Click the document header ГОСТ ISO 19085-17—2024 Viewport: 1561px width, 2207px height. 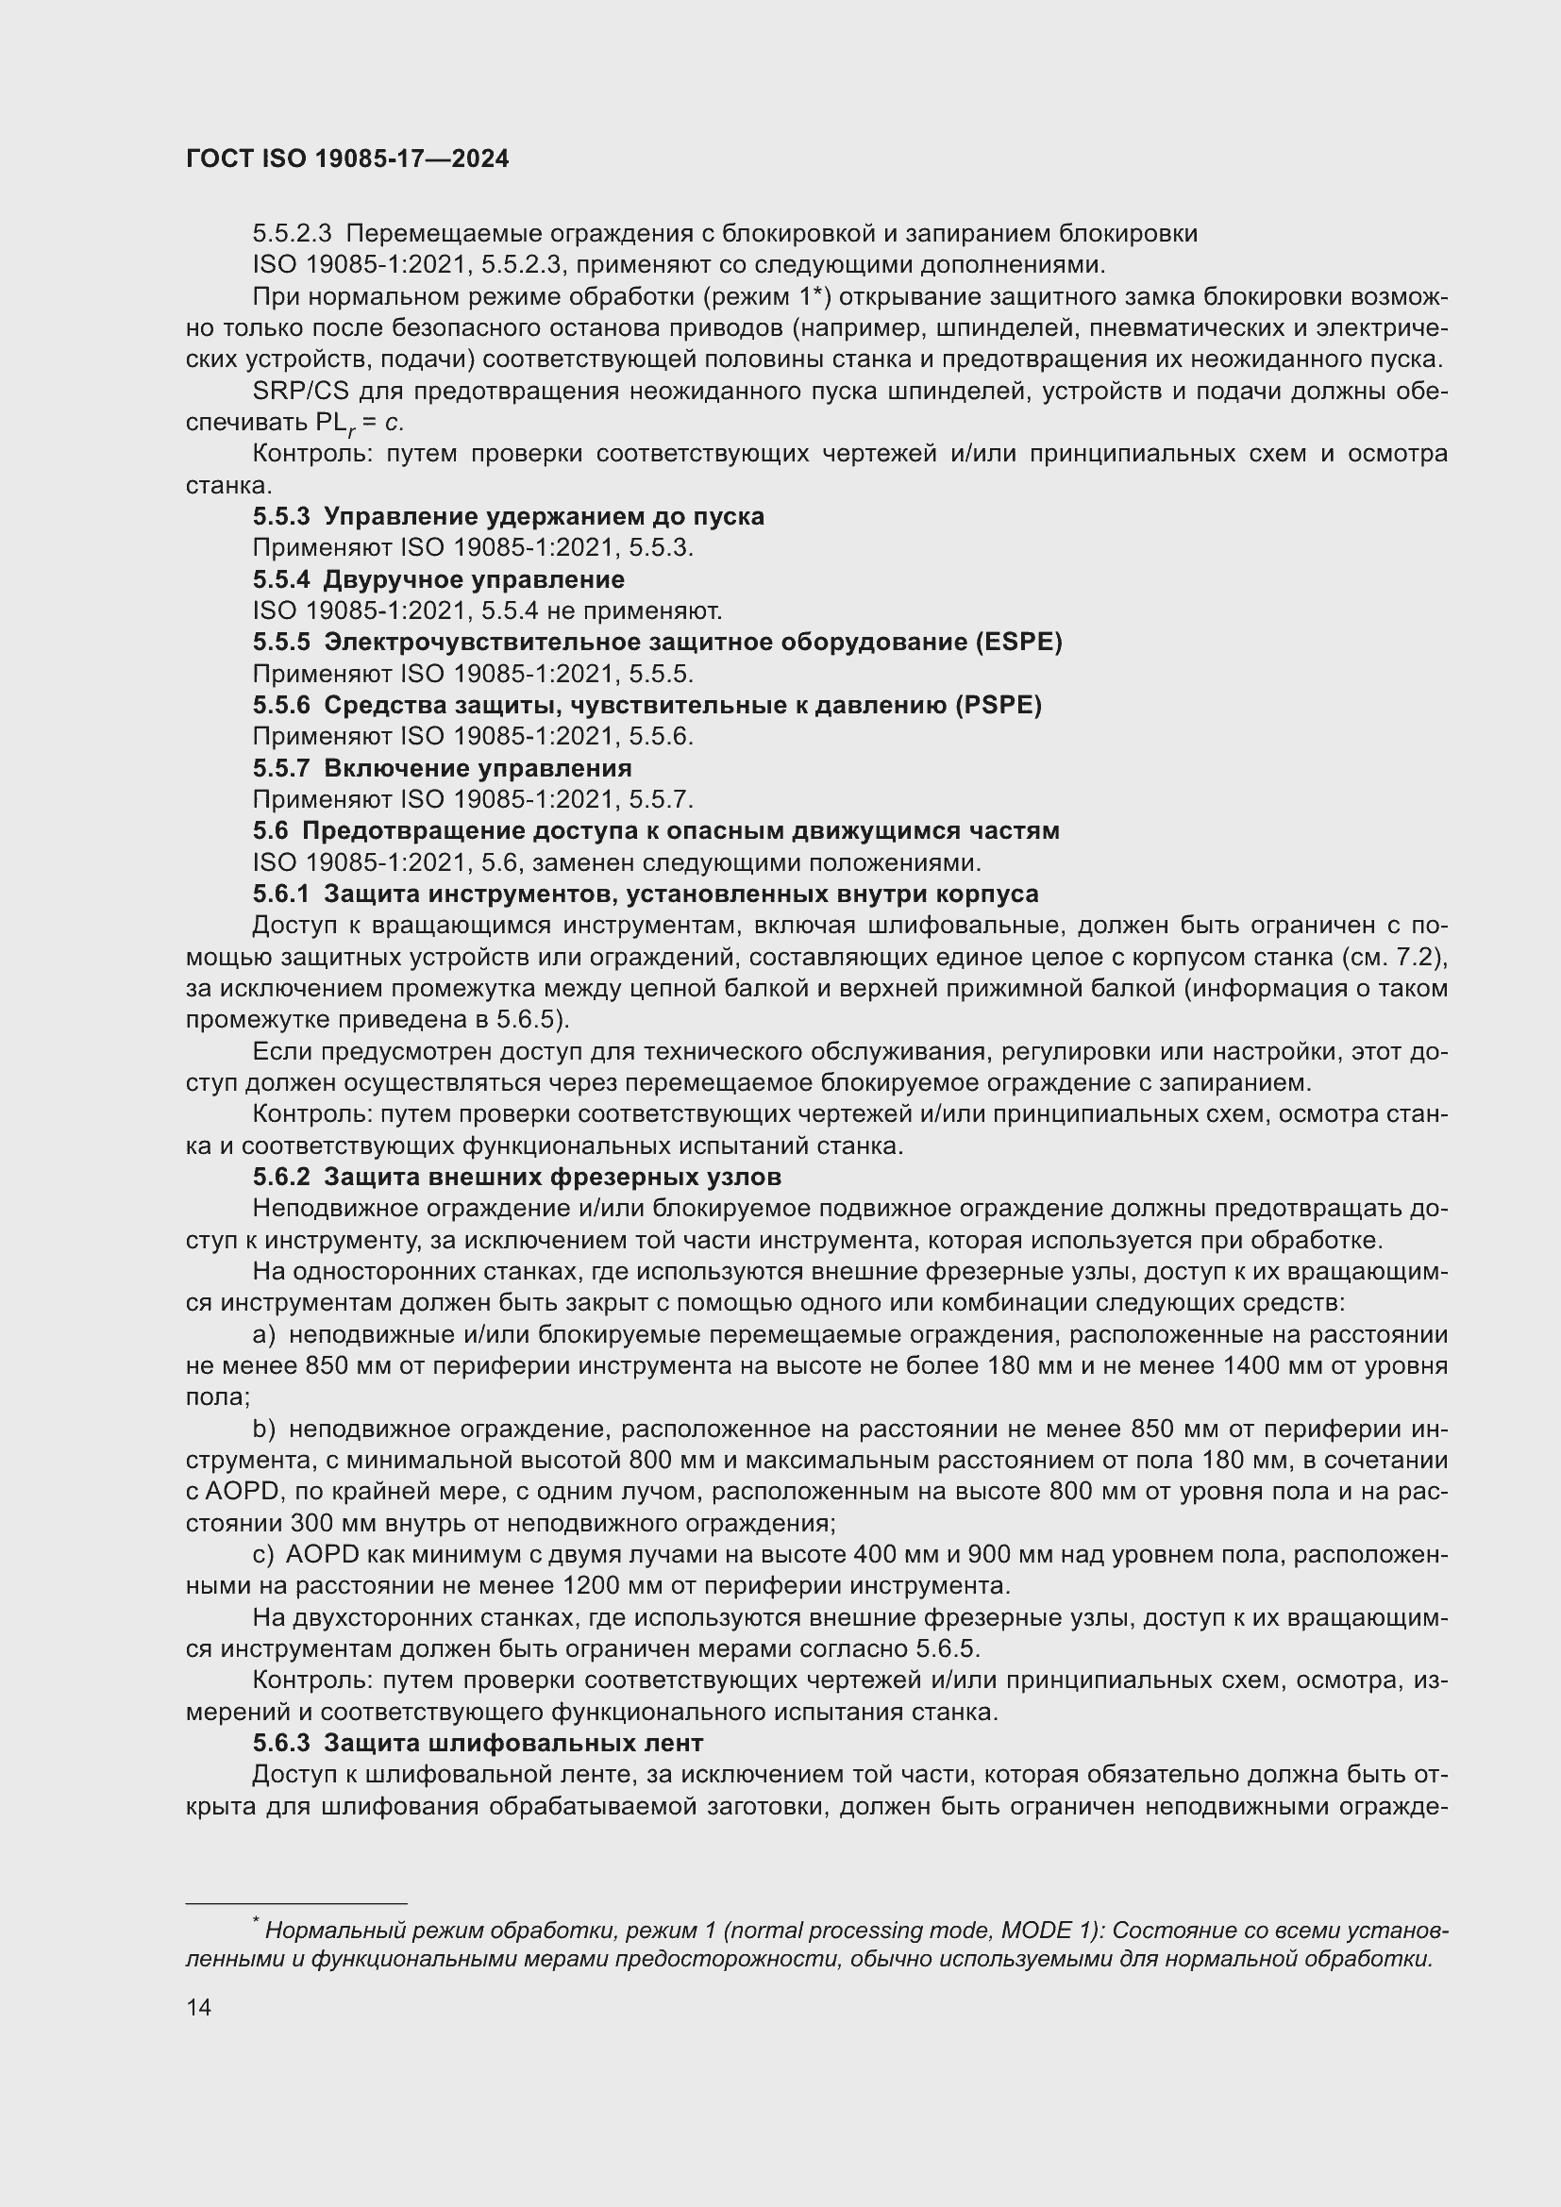347,159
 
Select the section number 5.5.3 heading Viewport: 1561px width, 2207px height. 280,517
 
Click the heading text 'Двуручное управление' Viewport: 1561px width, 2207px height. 474,579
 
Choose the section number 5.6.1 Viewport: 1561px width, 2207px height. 280,894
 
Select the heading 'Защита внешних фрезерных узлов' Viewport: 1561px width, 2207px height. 552,1177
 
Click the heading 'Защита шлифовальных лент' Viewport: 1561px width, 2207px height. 513,1743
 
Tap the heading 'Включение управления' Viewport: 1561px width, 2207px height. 478,768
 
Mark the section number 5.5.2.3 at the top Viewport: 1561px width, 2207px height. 293,234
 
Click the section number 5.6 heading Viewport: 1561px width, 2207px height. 270,830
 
